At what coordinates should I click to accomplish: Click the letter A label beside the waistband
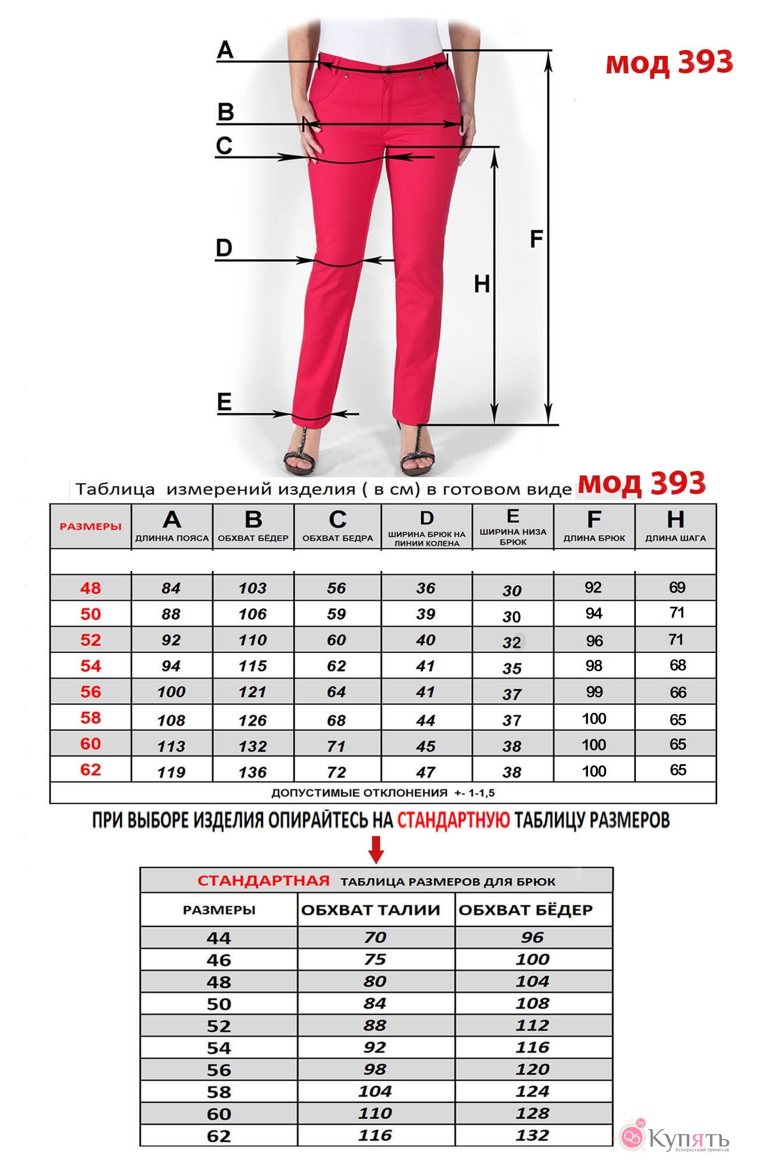coord(225,50)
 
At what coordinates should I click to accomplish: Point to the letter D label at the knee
coord(224,249)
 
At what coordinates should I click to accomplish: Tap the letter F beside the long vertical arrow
coord(536,239)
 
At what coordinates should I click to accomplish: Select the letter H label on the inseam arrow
coord(482,285)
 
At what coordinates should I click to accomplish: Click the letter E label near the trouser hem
coord(224,402)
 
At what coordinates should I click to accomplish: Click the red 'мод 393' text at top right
coord(669,62)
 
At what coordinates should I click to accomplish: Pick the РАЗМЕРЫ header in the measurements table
coord(91,527)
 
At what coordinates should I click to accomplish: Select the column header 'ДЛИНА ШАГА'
coord(675,538)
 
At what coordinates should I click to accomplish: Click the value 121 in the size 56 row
coord(252,692)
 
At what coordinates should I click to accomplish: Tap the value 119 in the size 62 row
coord(171,772)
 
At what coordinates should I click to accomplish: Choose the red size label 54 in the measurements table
coord(91,666)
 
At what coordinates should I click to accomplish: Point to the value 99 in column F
coord(594,692)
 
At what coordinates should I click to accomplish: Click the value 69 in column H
coord(677,587)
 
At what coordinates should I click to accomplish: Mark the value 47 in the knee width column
coord(426,772)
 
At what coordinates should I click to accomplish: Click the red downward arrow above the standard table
coord(377,849)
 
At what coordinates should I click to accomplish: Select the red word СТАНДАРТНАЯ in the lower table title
coord(263,881)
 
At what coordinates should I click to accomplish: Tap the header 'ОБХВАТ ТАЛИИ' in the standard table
coord(371,910)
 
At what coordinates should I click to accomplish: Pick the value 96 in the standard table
coord(533,938)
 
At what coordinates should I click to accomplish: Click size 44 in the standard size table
coord(219,938)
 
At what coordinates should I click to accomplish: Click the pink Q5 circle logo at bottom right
coord(632,1135)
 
